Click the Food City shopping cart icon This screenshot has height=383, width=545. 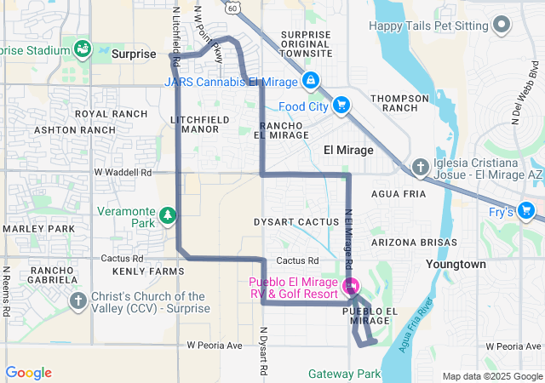pos(341,105)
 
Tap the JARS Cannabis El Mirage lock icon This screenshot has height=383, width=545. pos(310,82)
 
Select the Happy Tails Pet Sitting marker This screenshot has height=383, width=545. pos(502,26)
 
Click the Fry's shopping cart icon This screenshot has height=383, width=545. pos(525,210)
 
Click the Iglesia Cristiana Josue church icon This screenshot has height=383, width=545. pos(420,168)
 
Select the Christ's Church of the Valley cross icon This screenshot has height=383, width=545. pos(77,300)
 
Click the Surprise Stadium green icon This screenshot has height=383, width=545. pos(83,49)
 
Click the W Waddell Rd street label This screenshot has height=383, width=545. pos(123,172)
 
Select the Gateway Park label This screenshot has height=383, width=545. pos(344,374)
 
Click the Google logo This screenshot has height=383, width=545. pos(28,373)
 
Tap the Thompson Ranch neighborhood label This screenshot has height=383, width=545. pos(399,103)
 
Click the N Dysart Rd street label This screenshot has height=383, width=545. pos(263,352)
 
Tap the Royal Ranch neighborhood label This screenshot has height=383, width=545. pos(111,113)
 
